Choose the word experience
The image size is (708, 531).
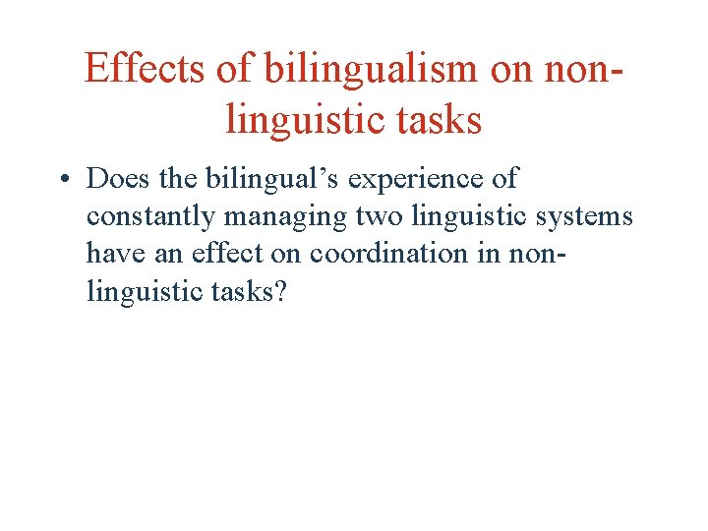[x=411, y=180]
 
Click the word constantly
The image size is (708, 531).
[x=149, y=216]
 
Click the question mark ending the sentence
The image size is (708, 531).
[x=281, y=290]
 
